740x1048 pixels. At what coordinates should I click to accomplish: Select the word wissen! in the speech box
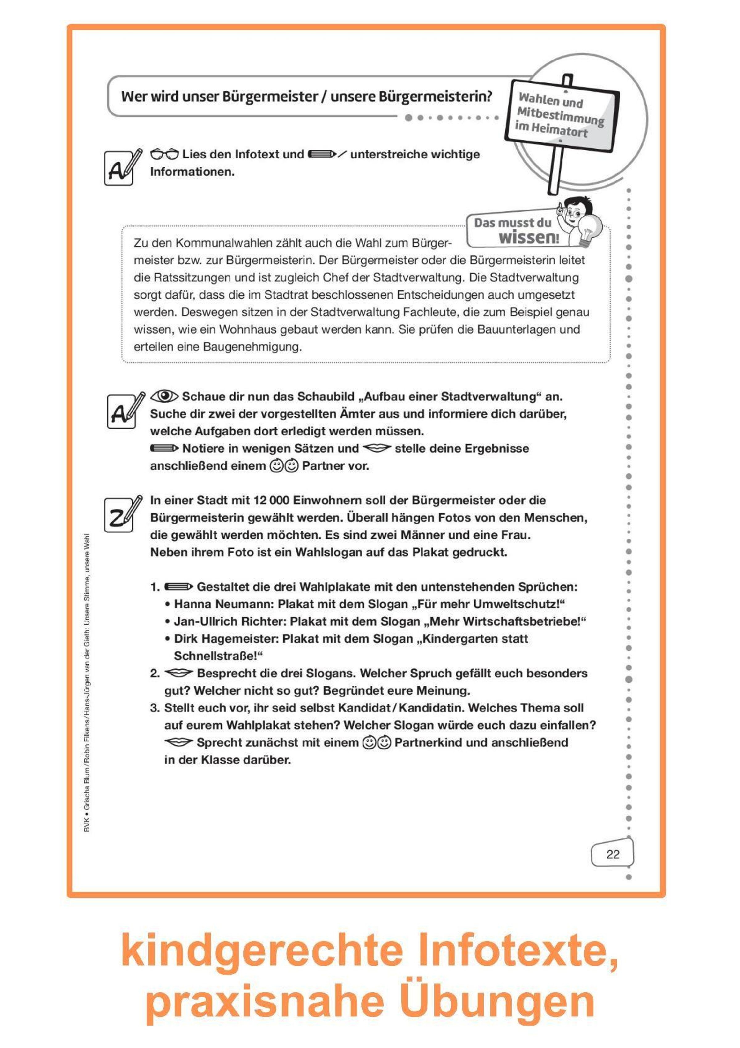528,238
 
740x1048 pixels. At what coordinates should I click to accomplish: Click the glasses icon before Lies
165,154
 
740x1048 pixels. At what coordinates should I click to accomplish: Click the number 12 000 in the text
271,500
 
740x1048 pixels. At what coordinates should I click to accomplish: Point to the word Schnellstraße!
218,656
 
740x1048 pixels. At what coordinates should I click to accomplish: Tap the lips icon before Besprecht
178,673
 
